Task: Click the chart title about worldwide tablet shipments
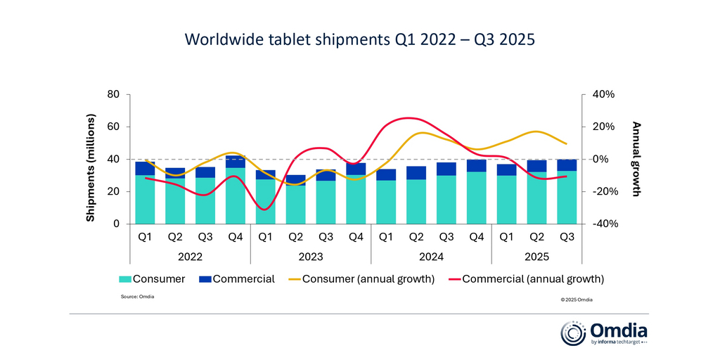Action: (359, 39)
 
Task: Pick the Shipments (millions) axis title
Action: (91, 159)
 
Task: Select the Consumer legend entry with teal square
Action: (152, 279)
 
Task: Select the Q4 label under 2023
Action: (356, 238)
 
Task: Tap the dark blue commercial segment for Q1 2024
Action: (386, 174)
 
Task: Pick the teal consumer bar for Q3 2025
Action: (567, 197)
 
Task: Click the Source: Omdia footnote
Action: (138, 297)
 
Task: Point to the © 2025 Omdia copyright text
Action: (577, 300)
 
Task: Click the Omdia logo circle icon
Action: (572, 333)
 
